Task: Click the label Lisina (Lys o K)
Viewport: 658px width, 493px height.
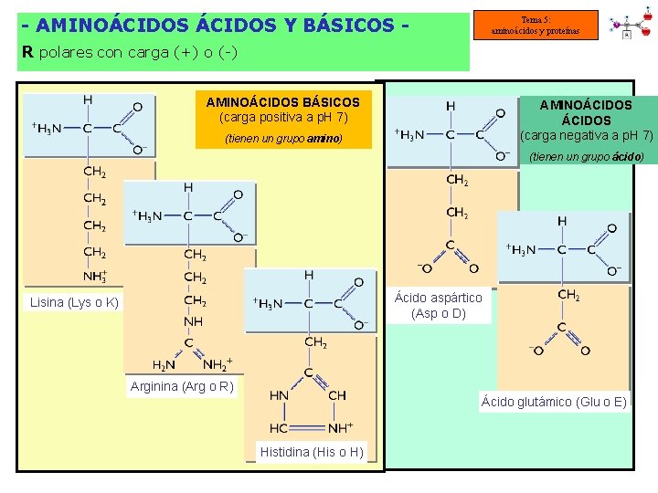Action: coord(74,302)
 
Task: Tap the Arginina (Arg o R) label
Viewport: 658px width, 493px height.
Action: coord(182,387)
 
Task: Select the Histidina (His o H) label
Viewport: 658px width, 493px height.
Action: coord(311,452)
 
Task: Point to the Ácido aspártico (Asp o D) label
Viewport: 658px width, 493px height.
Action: coord(438,306)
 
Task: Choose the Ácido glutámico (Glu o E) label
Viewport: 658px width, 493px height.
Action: coord(554,402)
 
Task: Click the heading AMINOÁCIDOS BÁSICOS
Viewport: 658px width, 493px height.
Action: coord(282,102)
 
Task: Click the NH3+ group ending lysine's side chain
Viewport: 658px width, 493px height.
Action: coord(95,277)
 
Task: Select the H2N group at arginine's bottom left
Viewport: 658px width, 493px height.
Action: coord(164,365)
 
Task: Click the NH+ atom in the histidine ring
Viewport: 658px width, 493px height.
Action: coord(340,428)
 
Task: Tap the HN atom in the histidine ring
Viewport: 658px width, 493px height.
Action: coord(280,395)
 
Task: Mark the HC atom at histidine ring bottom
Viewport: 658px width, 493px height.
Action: coord(280,428)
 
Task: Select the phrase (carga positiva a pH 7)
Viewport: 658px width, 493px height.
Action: coord(283,118)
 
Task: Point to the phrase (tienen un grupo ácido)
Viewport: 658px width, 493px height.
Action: coord(586,157)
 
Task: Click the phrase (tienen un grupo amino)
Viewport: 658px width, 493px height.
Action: coord(283,139)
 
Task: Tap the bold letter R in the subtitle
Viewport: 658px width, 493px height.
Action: coord(27,52)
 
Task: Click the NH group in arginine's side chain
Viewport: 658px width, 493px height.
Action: coord(193,321)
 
